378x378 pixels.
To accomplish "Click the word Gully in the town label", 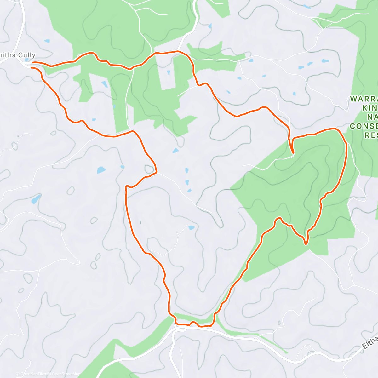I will coord(27,55).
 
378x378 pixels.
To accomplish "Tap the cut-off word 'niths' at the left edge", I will coord(8,55).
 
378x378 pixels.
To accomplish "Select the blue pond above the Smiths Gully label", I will coord(47,41).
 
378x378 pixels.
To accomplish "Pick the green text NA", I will coord(372,117).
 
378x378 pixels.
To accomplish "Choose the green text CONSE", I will coord(364,126).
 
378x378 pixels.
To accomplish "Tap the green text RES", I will coord(371,135).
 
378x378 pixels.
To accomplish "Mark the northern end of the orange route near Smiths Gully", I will coord(33,63).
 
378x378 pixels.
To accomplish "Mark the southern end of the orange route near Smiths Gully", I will coord(31,68).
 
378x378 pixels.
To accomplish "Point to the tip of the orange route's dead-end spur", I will coord(293,153).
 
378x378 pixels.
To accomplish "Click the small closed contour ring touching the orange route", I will coord(149,169).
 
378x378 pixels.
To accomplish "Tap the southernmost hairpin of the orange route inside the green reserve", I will coord(305,243).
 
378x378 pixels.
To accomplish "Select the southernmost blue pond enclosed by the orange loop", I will coord(191,227).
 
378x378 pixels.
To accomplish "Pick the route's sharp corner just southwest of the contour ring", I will coord(127,187).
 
